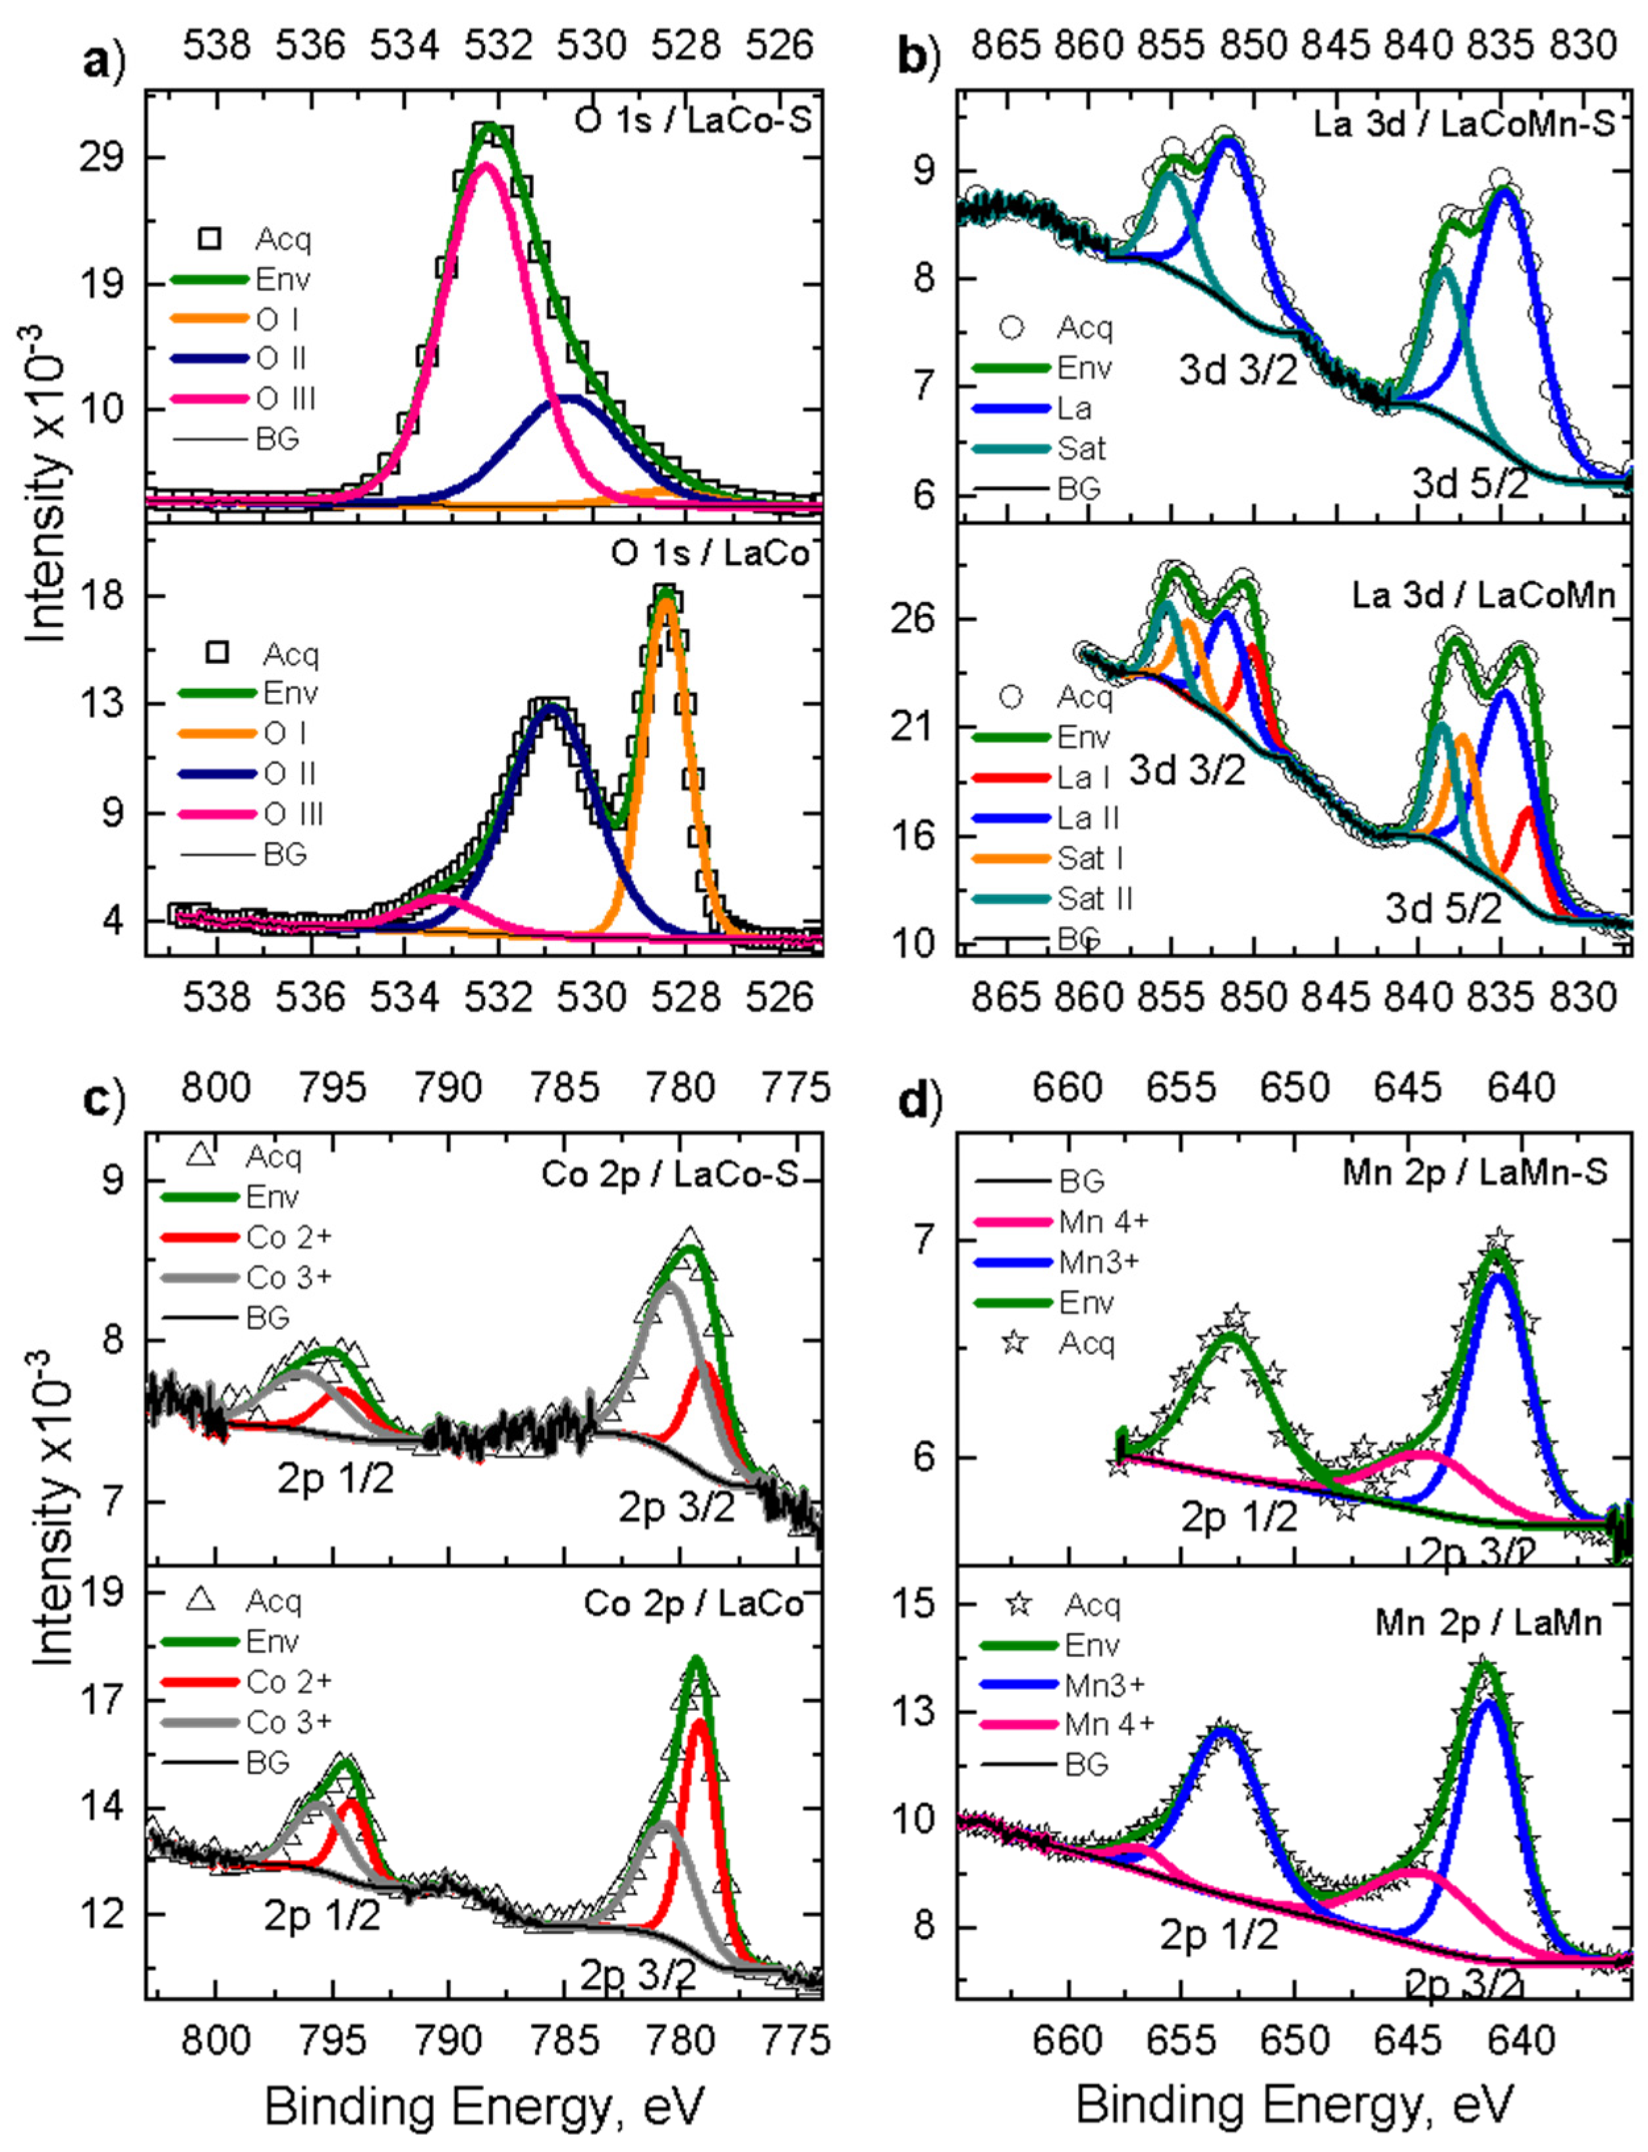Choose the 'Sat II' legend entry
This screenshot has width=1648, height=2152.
(1094, 899)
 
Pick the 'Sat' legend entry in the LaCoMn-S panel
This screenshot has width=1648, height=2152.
(1081, 448)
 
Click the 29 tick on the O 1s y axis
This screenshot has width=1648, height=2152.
(102, 157)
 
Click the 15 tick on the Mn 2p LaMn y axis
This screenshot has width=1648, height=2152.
(912, 1603)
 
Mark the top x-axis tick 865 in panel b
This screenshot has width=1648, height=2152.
(1004, 45)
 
